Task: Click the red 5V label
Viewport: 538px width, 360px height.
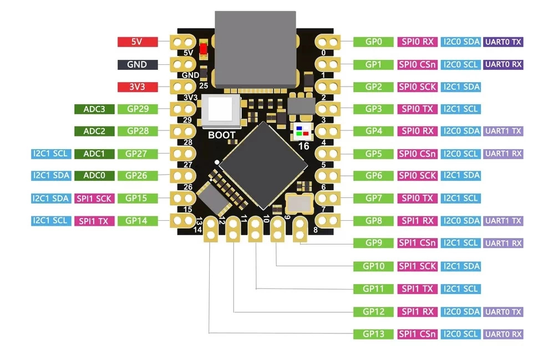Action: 138,42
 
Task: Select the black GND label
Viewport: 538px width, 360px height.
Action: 138,64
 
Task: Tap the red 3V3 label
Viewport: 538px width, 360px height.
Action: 138,87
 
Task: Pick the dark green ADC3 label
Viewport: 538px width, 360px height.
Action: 94,109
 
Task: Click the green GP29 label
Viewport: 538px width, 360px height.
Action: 138,109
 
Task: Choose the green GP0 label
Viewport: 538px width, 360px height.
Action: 373,42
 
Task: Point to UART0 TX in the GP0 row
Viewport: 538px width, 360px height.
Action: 503,42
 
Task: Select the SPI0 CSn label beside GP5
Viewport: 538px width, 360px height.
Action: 417,154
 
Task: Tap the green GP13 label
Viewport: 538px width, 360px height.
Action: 373,334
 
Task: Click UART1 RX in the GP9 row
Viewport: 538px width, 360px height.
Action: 503,243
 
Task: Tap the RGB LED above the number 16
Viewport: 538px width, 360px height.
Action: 303,131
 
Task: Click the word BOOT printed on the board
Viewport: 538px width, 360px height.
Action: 221,135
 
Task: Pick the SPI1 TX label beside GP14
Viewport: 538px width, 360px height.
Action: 94,221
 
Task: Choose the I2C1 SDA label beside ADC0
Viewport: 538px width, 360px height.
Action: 50,176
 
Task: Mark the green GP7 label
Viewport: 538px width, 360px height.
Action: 373,198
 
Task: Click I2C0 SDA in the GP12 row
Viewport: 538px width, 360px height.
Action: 461,312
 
